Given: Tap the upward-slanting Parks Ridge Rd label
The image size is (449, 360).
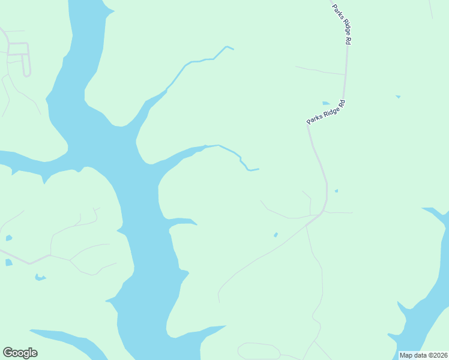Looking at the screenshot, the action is (x=326, y=112).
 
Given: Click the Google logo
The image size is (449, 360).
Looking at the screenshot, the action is (x=20, y=353).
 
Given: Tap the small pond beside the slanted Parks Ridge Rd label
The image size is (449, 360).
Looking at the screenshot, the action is (x=326, y=103).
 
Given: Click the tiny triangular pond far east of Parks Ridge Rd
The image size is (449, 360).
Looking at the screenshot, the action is (x=398, y=97).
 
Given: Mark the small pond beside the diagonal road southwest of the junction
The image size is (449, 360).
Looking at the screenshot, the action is (x=276, y=235).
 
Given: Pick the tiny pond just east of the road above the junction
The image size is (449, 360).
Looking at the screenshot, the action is (x=336, y=191).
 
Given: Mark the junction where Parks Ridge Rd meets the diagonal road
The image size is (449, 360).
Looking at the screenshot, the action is (x=324, y=211).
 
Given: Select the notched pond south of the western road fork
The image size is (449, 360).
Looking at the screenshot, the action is (x=40, y=277).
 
